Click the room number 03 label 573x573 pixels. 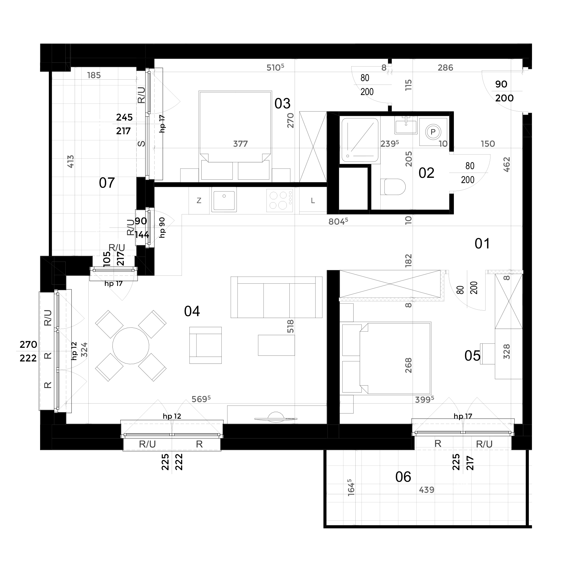[282, 103]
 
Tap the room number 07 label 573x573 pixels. [107, 183]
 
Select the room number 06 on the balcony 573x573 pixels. [403, 477]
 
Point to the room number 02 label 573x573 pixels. [426, 173]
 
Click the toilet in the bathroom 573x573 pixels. [393, 187]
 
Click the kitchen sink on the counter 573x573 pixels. [224, 199]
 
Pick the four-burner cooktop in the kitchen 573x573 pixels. [280, 200]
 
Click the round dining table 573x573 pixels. [131, 346]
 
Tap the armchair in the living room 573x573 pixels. [205, 345]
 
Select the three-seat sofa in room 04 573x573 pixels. [276, 297]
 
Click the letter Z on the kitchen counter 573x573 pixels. [199, 200]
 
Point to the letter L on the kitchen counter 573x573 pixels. [313, 201]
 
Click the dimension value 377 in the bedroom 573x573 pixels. [240, 144]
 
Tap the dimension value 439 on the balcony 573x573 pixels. [427, 490]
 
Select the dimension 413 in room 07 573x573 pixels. [71, 161]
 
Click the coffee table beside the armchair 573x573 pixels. [276, 345]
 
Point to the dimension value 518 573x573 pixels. [290, 326]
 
